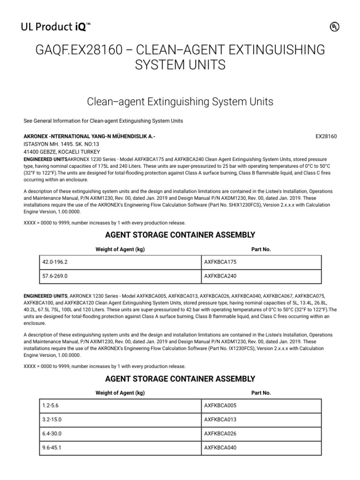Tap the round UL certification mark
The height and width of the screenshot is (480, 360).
tap(334, 28)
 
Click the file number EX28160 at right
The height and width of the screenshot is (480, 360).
tap(326, 136)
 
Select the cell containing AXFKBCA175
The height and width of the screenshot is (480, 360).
tap(261, 262)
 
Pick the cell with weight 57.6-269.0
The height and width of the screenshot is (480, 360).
tap(119, 276)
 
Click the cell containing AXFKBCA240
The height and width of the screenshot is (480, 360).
tap(261, 276)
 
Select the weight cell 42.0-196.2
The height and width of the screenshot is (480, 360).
tap(119, 262)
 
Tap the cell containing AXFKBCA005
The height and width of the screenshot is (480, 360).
tap(261, 406)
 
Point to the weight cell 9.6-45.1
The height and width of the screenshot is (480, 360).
tap(119, 448)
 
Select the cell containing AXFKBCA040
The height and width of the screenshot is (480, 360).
tap(261, 448)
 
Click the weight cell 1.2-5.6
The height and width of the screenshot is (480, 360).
tap(119, 406)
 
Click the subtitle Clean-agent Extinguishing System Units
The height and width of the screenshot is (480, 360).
tap(180, 101)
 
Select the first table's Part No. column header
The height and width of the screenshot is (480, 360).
tap(261, 249)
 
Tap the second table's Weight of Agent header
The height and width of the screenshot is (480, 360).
tap(120, 393)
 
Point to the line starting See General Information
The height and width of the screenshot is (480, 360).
tap(103, 121)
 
